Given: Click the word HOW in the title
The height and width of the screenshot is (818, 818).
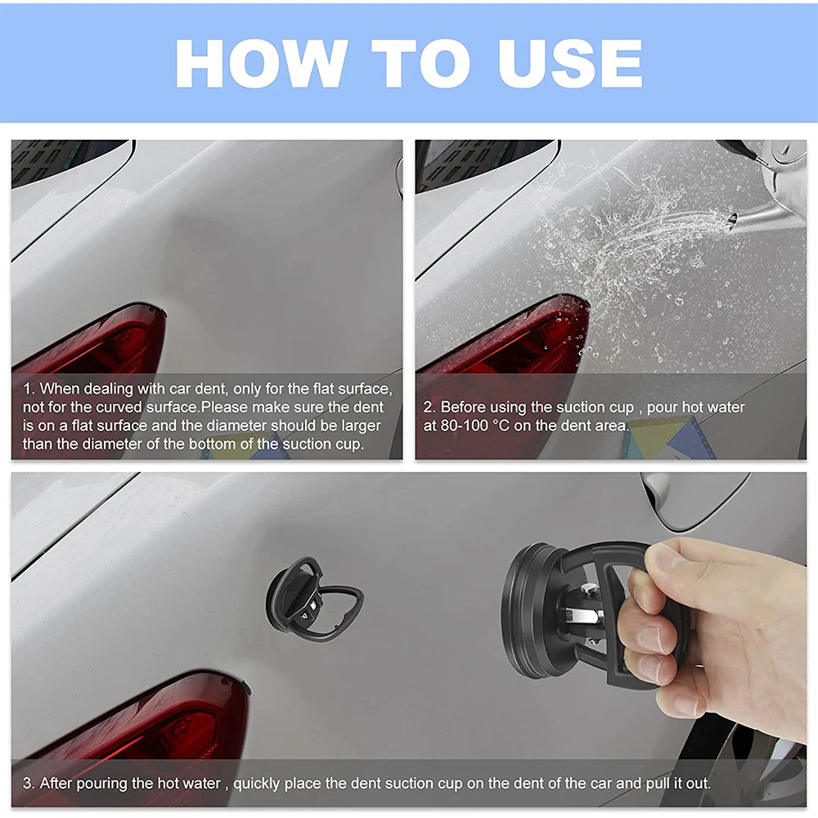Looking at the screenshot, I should tap(259, 63).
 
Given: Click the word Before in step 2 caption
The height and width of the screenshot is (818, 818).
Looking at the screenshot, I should tap(464, 407).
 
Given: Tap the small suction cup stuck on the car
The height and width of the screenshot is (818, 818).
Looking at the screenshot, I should tap(307, 599).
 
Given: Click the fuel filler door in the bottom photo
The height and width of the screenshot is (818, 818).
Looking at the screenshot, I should tap(695, 499).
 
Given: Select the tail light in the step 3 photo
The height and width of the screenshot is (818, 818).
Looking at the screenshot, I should tap(139, 720).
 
